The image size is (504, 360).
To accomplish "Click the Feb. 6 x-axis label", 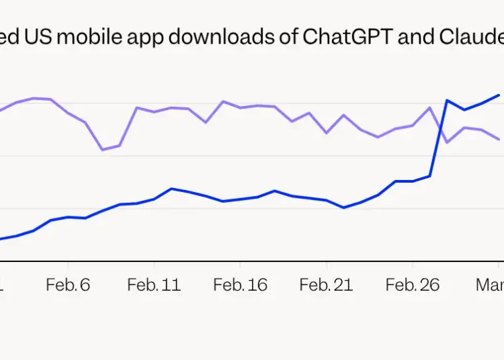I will [x=68, y=285].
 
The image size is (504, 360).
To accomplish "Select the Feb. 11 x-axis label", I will [x=154, y=285].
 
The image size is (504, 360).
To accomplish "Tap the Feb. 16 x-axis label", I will [x=240, y=285].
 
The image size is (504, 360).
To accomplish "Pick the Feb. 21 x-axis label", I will [x=326, y=285].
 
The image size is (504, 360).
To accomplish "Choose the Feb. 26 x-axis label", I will [x=413, y=285].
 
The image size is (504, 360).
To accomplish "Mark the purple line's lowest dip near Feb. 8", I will [x=102, y=150].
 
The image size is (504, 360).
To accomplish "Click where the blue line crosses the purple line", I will [x=440, y=126].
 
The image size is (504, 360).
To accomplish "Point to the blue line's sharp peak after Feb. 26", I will [x=447, y=101].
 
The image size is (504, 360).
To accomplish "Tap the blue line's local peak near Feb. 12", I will [x=171, y=189].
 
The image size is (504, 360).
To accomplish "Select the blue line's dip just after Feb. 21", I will [x=343, y=208].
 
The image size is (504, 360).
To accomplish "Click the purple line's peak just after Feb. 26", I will [x=430, y=107].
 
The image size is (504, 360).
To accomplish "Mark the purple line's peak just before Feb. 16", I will [x=223, y=101].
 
